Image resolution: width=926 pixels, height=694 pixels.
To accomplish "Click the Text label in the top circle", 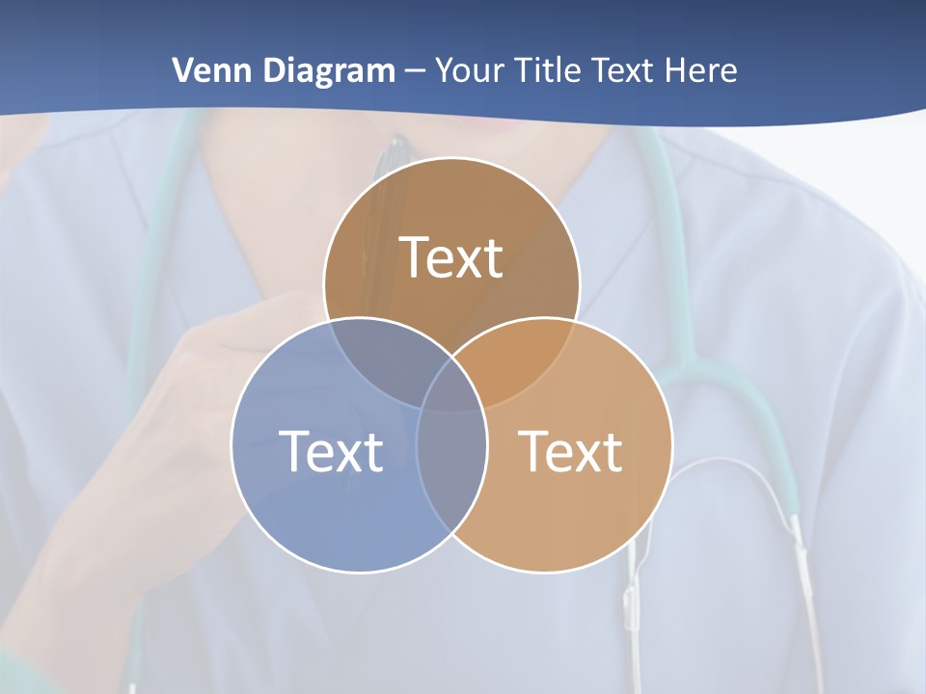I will click(451, 257).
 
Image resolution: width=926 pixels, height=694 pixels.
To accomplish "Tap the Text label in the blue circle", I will click(331, 451).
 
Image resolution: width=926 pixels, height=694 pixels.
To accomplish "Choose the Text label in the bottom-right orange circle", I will click(571, 451).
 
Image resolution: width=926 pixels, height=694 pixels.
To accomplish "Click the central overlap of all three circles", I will click(451, 386).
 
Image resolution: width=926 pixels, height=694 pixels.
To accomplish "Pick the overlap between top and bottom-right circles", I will click(526, 357).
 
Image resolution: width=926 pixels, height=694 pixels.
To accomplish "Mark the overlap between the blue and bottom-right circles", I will click(451, 463).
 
